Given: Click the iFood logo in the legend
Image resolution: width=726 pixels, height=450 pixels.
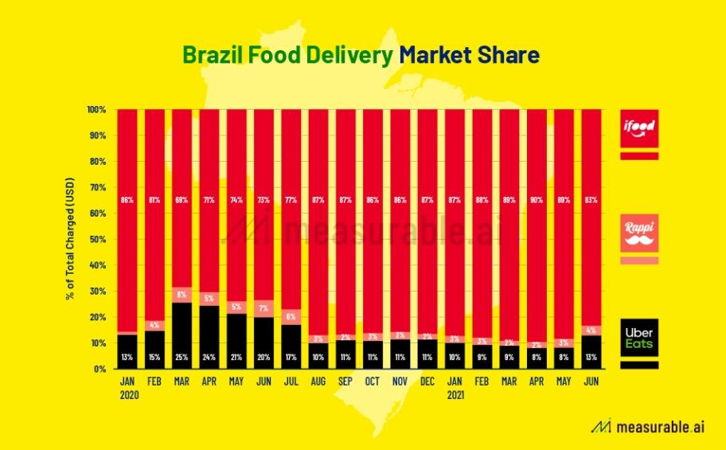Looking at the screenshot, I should pyautogui.click(x=639, y=127).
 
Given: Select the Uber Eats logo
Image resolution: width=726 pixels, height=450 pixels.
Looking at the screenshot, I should pyautogui.click(x=639, y=337).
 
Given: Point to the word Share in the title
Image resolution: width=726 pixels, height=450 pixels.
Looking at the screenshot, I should pyautogui.click(x=510, y=55).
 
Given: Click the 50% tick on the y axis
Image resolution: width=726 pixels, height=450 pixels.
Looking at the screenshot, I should pyautogui.click(x=97, y=239).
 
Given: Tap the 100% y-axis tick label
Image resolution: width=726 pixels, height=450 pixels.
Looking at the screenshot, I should pyautogui.click(x=96, y=109).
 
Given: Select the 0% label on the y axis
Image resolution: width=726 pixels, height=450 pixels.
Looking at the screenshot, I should pyautogui.click(x=99, y=369).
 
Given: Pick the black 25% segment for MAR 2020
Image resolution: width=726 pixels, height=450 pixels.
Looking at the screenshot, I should pyautogui.click(x=181, y=335).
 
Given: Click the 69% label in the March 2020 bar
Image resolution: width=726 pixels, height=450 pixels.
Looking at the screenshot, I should pyautogui.click(x=181, y=199).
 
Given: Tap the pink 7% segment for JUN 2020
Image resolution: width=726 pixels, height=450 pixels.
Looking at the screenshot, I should pyautogui.click(x=263, y=308).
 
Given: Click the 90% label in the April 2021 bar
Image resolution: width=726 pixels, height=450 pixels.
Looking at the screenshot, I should pyautogui.click(x=537, y=199).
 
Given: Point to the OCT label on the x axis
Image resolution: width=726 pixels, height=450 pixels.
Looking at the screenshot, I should pyautogui.click(x=373, y=382).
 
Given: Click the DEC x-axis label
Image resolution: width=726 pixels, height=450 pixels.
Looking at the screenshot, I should pyautogui.click(x=427, y=382).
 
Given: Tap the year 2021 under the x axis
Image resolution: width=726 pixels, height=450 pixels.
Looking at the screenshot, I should pyautogui.click(x=455, y=394).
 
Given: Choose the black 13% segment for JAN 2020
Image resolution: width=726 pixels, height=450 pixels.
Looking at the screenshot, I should pyautogui.click(x=127, y=351).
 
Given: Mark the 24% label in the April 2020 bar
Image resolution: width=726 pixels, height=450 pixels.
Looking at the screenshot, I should pyautogui.click(x=209, y=355).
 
